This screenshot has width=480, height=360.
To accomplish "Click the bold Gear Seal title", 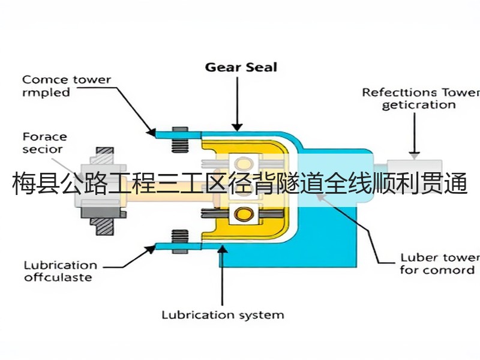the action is (241, 67).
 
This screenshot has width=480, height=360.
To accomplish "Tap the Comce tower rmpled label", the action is (67, 86).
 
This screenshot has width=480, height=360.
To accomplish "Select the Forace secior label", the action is (44, 143).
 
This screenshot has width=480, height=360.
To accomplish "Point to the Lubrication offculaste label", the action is (61, 271).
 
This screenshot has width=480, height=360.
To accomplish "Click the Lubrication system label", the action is (223, 315).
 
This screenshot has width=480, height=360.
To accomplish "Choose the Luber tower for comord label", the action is (440, 264).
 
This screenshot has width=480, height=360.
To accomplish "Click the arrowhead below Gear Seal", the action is (237, 127).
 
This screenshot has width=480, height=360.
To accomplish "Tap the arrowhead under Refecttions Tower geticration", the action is (415, 156).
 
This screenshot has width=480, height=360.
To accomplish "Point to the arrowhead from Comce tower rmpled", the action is (151, 132).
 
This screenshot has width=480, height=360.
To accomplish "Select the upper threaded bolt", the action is (180, 140).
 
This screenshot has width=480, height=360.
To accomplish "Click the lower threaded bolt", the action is (180, 242).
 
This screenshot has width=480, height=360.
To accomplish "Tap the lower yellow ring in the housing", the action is (244, 214).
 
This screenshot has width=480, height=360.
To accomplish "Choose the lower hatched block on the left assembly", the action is (104, 227).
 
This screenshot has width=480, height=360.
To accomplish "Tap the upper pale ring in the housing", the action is (244, 163).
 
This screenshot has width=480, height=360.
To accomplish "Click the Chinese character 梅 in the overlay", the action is (23, 184).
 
